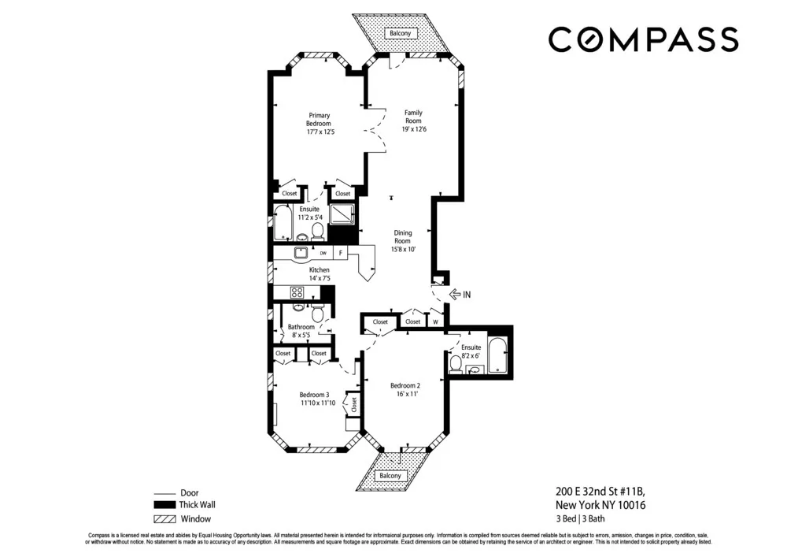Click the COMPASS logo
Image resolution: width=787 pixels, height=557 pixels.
pyautogui.click(x=643, y=39)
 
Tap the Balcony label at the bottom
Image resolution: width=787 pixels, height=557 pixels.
pyautogui.click(x=390, y=476)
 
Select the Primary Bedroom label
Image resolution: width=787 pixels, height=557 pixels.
pyautogui.click(x=319, y=119)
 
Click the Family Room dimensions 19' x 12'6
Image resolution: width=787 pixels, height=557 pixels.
pyautogui.click(x=414, y=130)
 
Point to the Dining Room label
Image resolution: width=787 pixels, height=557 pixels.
pyautogui.click(x=402, y=236)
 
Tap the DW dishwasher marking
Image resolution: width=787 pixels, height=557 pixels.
pyautogui.click(x=323, y=253)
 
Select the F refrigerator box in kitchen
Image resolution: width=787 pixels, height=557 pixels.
pyautogui.click(x=341, y=253)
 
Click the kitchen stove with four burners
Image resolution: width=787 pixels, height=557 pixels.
pyautogui.click(x=298, y=292)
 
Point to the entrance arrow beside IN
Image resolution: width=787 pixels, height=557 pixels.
pyautogui.click(x=454, y=295)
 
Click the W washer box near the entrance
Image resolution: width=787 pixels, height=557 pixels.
pyautogui.click(x=435, y=321)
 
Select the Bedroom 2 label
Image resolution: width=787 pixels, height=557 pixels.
pyautogui.click(x=406, y=385)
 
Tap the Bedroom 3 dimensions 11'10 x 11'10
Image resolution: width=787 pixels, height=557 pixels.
pyautogui.click(x=318, y=403)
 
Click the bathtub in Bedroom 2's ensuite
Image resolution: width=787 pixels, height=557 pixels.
pyautogui.click(x=497, y=356)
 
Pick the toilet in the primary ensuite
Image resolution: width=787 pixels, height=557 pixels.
pyautogui.click(x=316, y=231)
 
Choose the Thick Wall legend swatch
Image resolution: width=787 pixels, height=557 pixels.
pyautogui.click(x=163, y=506)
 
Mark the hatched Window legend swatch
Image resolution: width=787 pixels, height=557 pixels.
pyautogui.click(x=163, y=519)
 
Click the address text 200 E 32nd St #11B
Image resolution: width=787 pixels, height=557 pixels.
pyautogui.click(x=600, y=492)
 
